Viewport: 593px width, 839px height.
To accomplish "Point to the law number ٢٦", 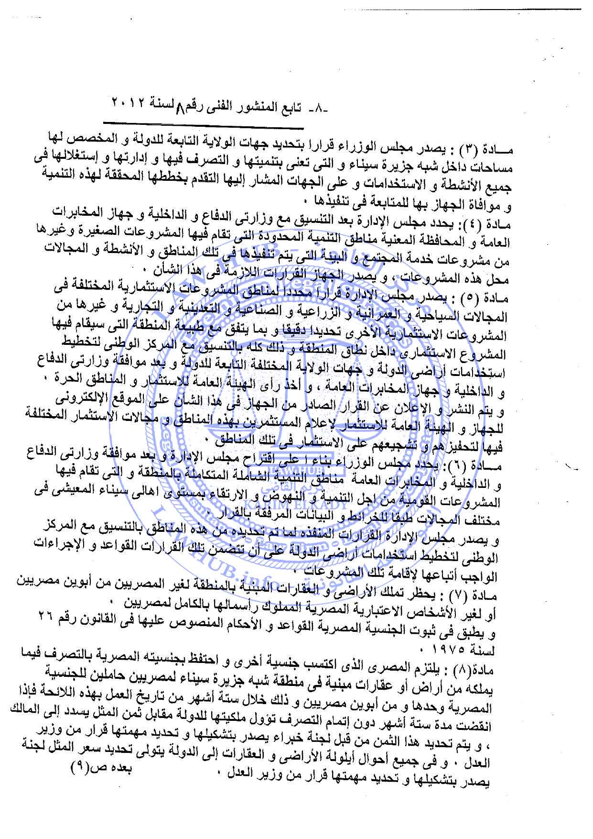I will (x=45, y=618).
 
